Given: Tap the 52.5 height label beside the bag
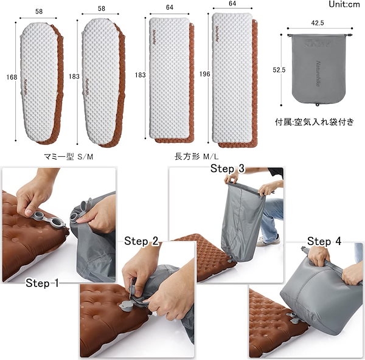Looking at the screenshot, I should coord(279,70).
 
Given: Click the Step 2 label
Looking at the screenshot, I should coord(142,241).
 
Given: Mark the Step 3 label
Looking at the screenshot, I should coord(228,168).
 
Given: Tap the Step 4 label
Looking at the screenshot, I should coord(328,241).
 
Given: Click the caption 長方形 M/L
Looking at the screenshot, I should coord(198,156).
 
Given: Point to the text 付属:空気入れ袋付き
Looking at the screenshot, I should coord(314,122).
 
